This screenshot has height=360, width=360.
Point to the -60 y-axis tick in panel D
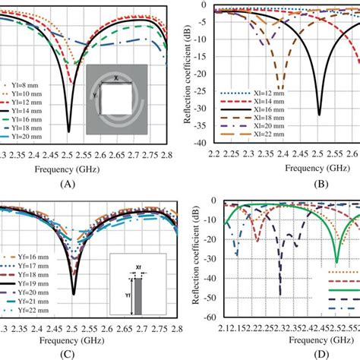tap(207, 319)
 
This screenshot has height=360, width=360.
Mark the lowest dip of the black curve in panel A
tap(69, 131)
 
